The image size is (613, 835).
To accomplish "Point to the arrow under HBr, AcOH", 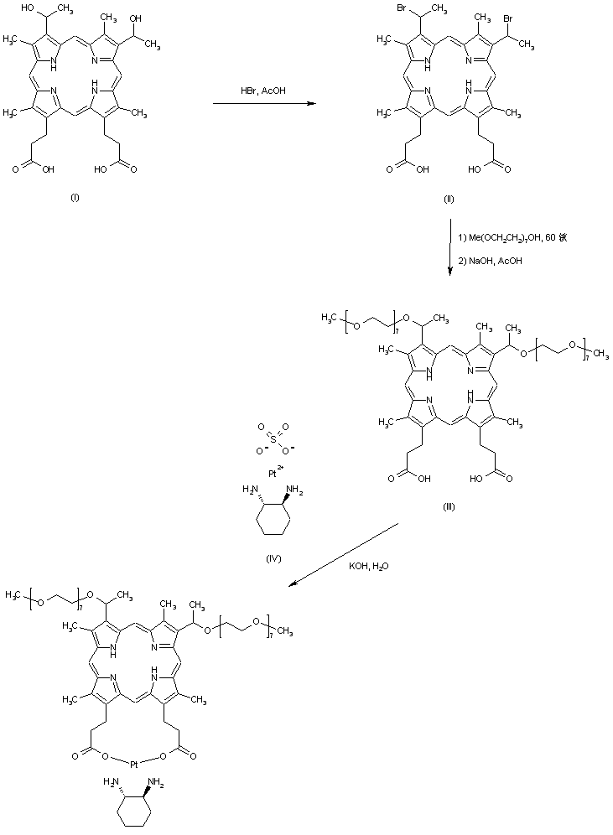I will pyautogui.click(x=265, y=103).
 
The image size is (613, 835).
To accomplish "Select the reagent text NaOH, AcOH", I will pyautogui.click(x=492, y=261).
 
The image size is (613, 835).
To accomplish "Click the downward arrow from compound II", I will pyautogui.click(x=450, y=248).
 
